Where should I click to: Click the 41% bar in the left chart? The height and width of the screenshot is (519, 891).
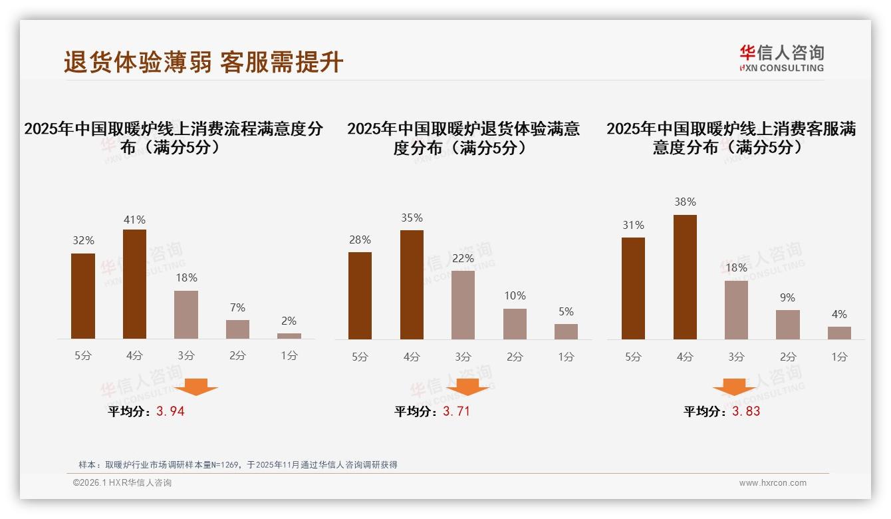point(134,284)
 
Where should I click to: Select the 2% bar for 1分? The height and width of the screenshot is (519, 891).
point(289,336)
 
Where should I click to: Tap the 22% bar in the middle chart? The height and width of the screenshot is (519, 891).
point(463,305)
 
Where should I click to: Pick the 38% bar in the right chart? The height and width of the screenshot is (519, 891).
point(685,277)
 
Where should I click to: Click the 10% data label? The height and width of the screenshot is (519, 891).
point(515,295)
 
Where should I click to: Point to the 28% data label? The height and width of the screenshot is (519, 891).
point(360,240)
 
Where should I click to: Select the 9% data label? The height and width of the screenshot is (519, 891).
point(787,297)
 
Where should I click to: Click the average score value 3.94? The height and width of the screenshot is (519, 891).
point(170,411)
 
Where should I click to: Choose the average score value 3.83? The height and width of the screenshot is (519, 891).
point(746,411)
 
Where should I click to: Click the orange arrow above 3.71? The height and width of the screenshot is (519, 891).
point(467,387)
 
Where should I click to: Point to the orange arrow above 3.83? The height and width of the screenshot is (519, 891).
point(734,387)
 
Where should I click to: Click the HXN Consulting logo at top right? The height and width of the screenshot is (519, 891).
point(781,58)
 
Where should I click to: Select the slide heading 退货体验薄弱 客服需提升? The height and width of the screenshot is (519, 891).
point(203,62)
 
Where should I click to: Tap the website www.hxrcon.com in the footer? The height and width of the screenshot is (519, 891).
point(773,483)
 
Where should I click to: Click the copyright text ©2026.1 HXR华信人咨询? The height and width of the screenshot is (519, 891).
point(122,483)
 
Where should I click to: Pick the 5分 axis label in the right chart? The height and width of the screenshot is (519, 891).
point(633,357)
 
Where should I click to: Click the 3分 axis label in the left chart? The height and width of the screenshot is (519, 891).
point(186,355)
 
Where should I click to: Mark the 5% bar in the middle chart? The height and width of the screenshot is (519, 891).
point(566,331)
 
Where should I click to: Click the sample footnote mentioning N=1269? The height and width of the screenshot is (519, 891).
point(237,464)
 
